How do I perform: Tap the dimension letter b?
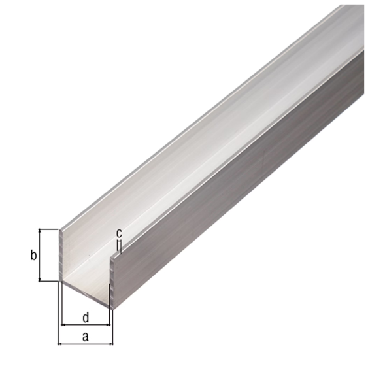33,255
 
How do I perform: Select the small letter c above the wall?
118,233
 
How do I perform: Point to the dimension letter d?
86,317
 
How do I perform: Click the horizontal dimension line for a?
86,343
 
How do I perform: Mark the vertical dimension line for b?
41,255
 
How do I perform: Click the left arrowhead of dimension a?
61,343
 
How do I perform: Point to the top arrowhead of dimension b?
41,232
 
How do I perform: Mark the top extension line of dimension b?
49,229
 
